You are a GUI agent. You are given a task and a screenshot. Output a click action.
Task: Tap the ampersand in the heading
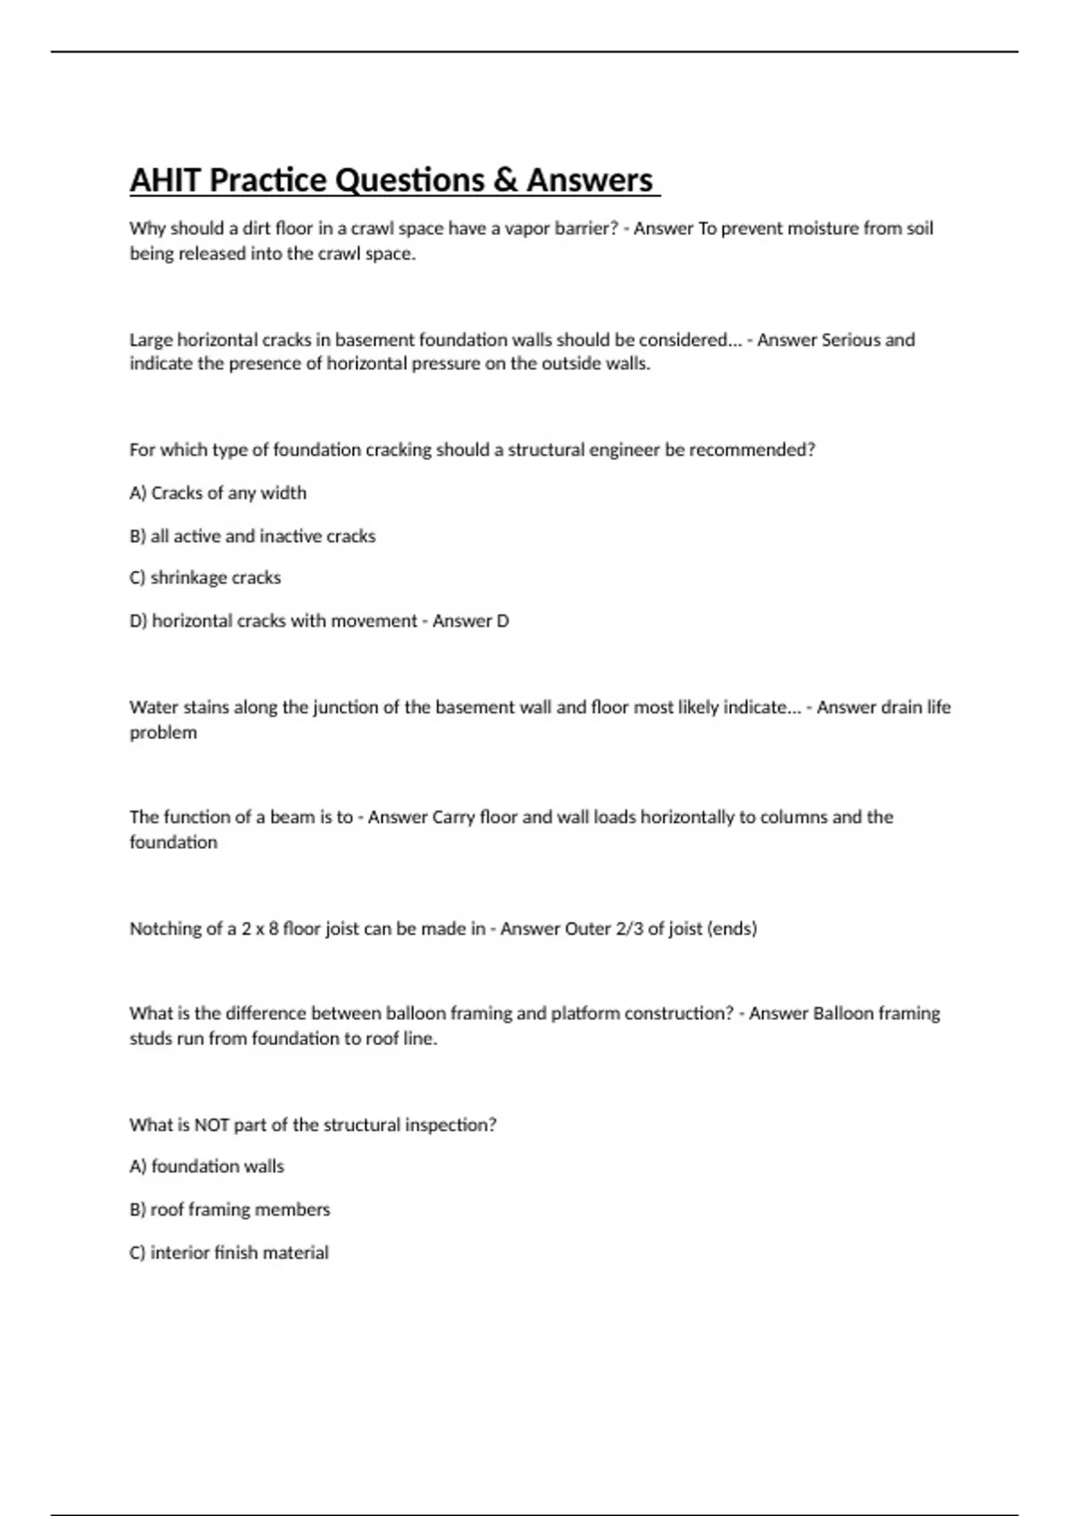pyautogui.click(x=505, y=180)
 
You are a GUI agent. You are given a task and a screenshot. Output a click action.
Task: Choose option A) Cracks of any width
pyautogui.click(x=218, y=493)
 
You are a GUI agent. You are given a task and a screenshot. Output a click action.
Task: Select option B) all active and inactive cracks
pyautogui.click(x=252, y=536)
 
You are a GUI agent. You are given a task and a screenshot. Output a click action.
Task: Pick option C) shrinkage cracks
pyautogui.click(x=205, y=578)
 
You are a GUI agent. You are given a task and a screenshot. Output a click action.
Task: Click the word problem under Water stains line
pyautogui.click(x=163, y=732)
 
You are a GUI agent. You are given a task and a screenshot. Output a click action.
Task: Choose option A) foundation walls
pyautogui.click(x=207, y=1166)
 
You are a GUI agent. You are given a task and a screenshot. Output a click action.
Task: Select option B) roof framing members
pyautogui.click(x=229, y=1209)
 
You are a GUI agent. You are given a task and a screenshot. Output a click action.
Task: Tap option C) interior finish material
pyautogui.click(x=229, y=1252)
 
